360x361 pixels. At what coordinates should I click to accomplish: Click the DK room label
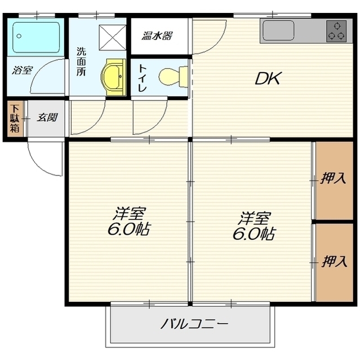click(x=268, y=78)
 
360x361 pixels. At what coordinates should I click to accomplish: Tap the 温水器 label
click(x=157, y=36)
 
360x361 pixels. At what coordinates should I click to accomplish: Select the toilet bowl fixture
click(x=173, y=77)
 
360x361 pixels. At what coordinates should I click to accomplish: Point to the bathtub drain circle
click(x=19, y=36)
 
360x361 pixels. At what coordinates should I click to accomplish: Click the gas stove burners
click(x=336, y=31)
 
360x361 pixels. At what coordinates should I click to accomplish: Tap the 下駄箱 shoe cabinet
click(x=15, y=118)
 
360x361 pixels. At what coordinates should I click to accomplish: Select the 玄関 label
click(x=47, y=118)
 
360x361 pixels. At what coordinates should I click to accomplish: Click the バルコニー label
click(x=194, y=324)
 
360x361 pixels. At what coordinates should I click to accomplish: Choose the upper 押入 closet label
click(x=333, y=178)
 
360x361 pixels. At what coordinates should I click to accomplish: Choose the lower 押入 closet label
click(x=334, y=262)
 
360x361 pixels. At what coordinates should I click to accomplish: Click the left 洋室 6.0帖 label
click(x=129, y=221)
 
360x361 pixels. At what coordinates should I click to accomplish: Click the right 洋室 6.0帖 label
click(x=254, y=226)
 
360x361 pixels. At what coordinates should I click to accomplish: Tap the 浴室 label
click(x=22, y=70)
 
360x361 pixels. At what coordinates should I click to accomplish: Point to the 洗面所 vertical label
click(x=81, y=61)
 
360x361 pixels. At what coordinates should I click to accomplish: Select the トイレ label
click(x=143, y=78)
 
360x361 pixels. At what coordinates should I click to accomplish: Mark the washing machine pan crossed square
click(x=113, y=38)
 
